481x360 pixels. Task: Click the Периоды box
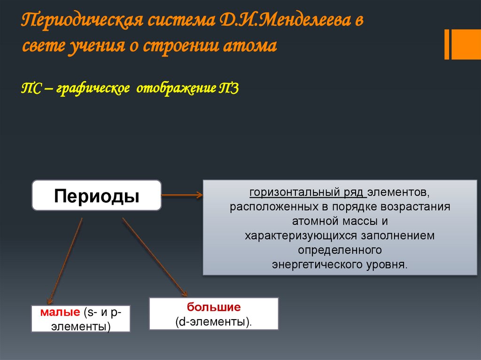(96, 195)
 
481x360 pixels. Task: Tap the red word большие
(214, 307)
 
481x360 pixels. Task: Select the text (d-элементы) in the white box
(214, 322)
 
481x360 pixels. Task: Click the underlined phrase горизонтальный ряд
(307, 192)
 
